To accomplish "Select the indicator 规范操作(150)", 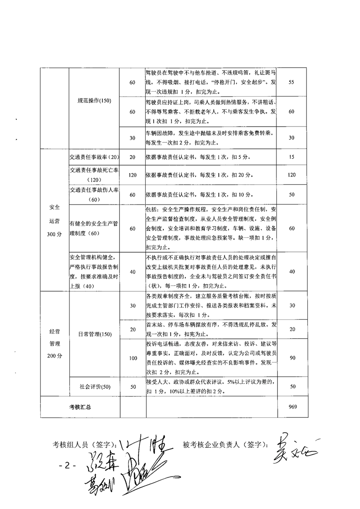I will (x=94, y=101).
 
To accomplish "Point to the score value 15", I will (x=292, y=157).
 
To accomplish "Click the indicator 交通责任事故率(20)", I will (x=94, y=157).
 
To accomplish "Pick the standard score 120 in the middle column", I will (x=133, y=175).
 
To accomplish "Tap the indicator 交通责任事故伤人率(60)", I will (x=94, y=195).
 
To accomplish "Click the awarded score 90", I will (x=292, y=358).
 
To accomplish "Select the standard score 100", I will (x=133, y=358).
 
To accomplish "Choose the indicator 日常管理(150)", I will (x=94, y=334).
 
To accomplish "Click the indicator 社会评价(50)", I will (x=94, y=387).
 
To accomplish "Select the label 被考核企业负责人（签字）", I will (x=223, y=444).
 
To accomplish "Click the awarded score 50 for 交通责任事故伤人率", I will (x=292, y=195).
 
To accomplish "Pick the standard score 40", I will (x=133, y=271).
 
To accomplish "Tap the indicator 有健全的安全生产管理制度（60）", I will (x=94, y=229).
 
